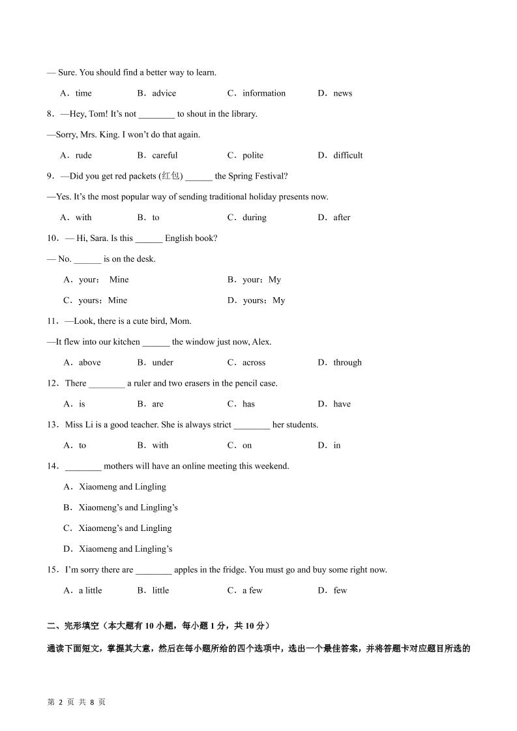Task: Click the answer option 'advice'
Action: click(164, 93)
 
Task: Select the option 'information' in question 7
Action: click(263, 93)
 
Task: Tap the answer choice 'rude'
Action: click(83, 155)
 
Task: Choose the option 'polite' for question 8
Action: click(253, 155)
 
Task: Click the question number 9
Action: click(50, 176)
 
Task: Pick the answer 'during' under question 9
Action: click(254, 218)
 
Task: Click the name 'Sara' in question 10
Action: click(106, 238)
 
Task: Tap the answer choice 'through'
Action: click(347, 363)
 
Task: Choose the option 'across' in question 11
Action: click(254, 363)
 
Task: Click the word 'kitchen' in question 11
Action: click(126, 342)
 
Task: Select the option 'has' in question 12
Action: click(248, 404)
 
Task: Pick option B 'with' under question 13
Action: click(160, 446)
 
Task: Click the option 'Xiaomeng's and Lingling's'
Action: click(128, 508)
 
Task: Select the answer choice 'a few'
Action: click(252, 591)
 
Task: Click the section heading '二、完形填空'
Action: click(72, 626)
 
